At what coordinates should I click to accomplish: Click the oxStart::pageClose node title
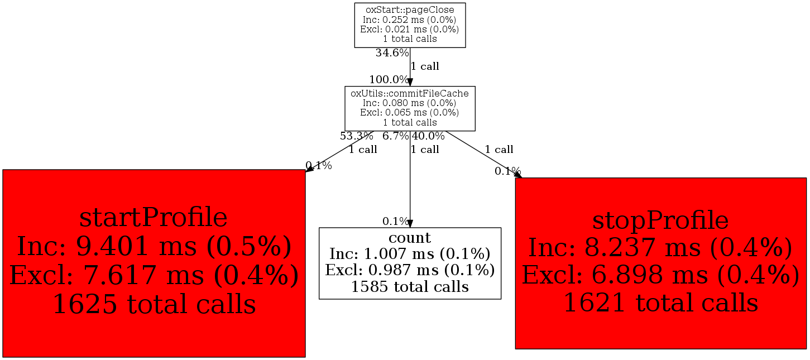click(x=410, y=10)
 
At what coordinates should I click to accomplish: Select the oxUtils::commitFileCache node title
click(x=410, y=93)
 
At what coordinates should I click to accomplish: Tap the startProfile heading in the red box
click(x=154, y=218)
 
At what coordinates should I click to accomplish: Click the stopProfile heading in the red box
click(x=660, y=221)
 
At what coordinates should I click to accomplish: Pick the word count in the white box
click(x=410, y=238)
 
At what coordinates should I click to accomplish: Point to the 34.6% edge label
click(x=392, y=54)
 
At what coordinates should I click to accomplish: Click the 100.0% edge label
click(x=389, y=80)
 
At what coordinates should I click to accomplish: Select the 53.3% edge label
click(x=356, y=136)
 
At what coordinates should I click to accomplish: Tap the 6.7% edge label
click(x=396, y=136)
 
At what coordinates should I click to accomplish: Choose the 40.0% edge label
click(x=428, y=136)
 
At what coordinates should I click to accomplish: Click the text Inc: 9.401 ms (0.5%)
click(x=154, y=247)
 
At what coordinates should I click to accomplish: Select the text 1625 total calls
click(x=154, y=304)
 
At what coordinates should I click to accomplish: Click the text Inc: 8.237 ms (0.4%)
click(x=660, y=248)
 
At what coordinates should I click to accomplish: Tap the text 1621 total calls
click(x=660, y=303)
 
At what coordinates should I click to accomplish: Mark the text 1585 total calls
click(x=410, y=287)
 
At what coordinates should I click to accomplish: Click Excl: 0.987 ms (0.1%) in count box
click(x=410, y=270)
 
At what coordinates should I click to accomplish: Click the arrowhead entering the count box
click(x=410, y=223)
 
